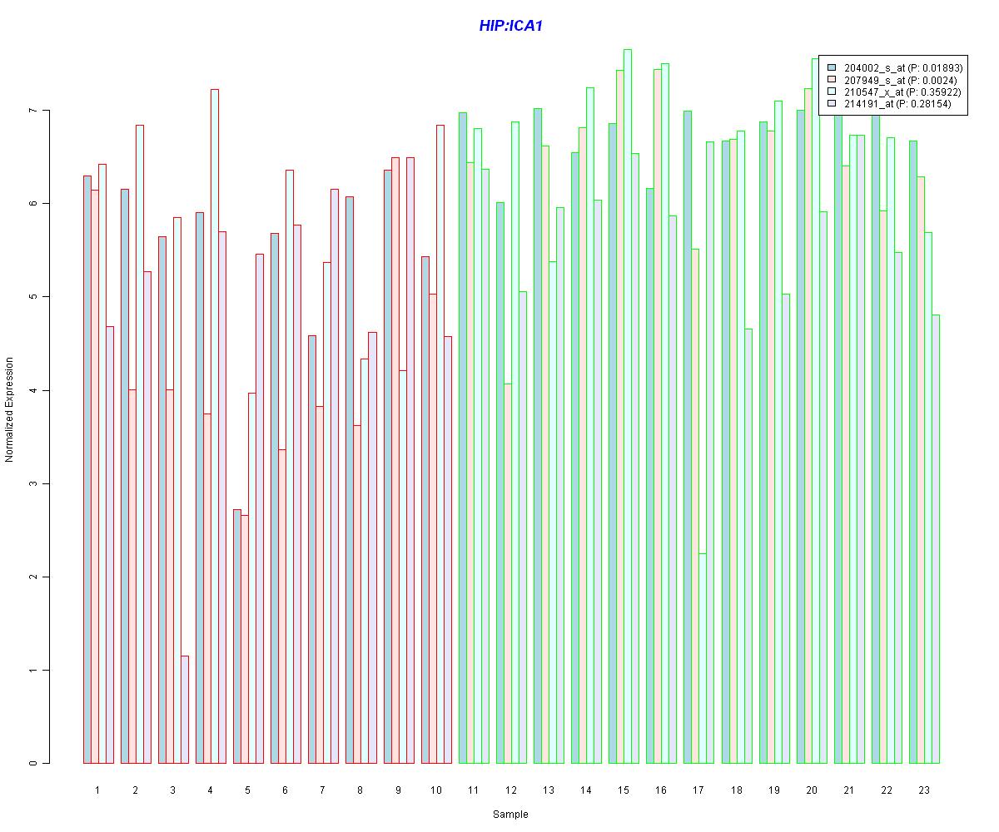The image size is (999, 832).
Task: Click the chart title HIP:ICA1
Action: tap(510, 26)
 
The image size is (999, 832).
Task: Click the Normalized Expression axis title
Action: tap(10, 409)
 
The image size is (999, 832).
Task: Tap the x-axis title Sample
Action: tap(510, 814)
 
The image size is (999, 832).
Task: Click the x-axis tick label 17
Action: tap(698, 790)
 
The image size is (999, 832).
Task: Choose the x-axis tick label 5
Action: tap(248, 790)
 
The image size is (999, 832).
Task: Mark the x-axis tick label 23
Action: tap(924, 790)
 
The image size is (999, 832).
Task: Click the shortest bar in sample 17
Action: tap(703, 658)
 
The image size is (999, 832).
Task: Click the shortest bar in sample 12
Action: tap(508, 573)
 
